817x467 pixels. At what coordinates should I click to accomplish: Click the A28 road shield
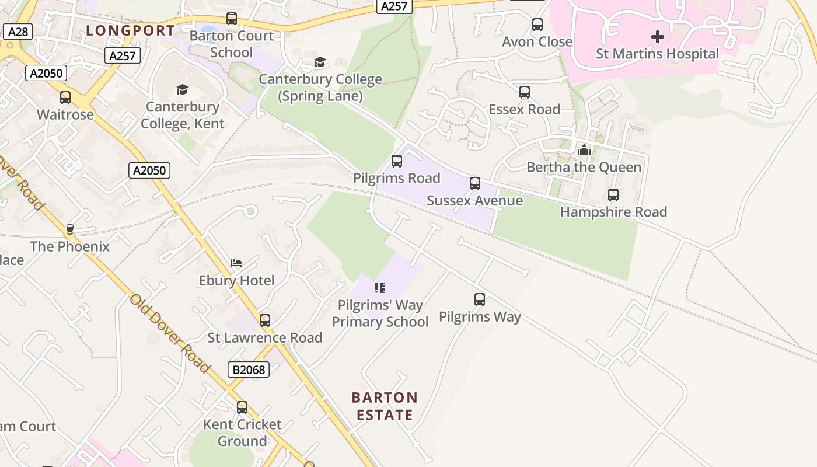pyautogui.click(x=18, y=32)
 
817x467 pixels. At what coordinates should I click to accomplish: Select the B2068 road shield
pyautogui.click(x=248, y=370)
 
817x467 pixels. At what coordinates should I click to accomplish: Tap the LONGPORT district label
pyautogui.click(x=130, y=30)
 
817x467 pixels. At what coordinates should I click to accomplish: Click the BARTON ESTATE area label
pyautogui.click(x=385, y=406)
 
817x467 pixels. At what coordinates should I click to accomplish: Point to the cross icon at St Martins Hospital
pyautogui.click(x=657, y=37)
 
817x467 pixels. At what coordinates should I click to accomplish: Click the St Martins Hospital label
pyautogui.click(x=657, y=54)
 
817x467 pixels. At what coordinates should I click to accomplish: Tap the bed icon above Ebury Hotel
pyautogui.click(x=236, y=263)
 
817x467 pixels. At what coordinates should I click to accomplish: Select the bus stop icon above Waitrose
pyautogui.click(x=65, y=97)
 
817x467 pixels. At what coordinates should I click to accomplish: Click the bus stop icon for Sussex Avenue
pyautogui.click(x=475, y=183)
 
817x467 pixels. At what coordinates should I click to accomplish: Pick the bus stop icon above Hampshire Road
pyautogui.click(x=613, y=195)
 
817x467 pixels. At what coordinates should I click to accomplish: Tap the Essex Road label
pyautogui.click(x=524, y=109)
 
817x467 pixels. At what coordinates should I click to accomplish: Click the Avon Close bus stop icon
pyautogui.click(x=537, y=25)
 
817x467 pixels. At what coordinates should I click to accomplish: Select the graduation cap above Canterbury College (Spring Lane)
pyautogui.click(x=320, y=62)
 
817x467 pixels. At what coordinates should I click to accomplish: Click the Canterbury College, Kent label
pyautogui.click(x=183, y=115)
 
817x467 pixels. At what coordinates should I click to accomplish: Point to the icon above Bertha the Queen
pyautogui.click(x=584, y=150)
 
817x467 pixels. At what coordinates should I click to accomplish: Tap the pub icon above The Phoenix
pyautogui.click(x=70, y=229)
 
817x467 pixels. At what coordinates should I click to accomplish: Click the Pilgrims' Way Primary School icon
pyautogui.click(x=380, y=287)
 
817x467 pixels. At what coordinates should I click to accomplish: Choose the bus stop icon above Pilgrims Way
pyautogui.click(x=480, y=299)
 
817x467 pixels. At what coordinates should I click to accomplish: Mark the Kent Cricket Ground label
pyautogui.click(x=242, y=433)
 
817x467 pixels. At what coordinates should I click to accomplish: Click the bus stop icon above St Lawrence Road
pyautogui.click(x=265, y=320)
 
